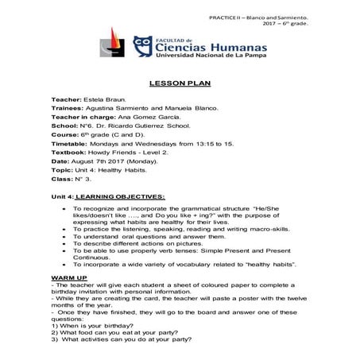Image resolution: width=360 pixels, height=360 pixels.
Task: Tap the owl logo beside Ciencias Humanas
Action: tap(144, 47)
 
